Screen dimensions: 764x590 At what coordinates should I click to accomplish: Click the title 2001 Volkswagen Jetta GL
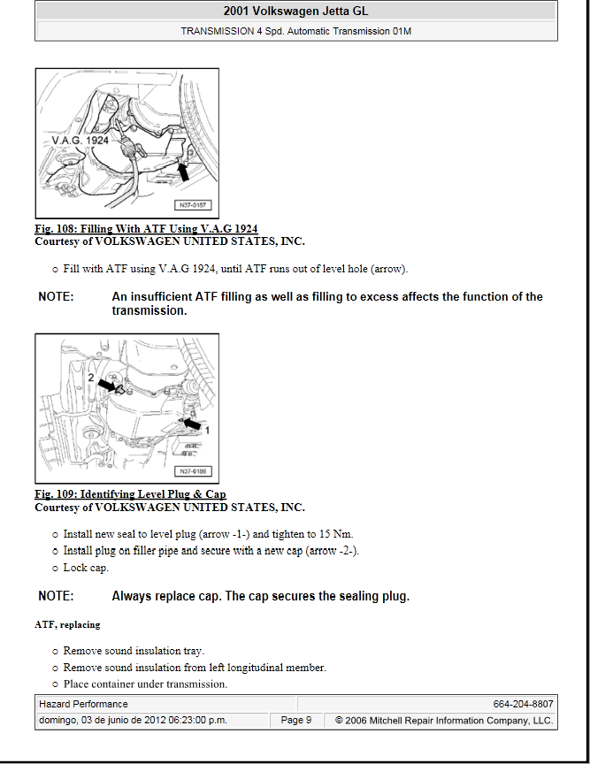(x=295, y=11)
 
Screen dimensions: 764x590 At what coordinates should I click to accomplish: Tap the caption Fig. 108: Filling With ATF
(x=146, y=229)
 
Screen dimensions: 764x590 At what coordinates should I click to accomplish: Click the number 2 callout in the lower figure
(x=91, y=378)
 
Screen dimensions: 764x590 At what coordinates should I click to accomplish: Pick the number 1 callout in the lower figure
(x=209, y=429)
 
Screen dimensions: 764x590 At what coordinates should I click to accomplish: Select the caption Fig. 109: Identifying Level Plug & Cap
(x=130, y=494)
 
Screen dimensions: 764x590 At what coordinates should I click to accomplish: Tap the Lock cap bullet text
(x=86, y=568)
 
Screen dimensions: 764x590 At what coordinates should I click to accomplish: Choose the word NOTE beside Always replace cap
(x=56, y=597)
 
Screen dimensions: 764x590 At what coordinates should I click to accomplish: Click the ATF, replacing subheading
(x=67, y=625)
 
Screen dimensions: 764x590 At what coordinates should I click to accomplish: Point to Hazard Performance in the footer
(x=83, y=704)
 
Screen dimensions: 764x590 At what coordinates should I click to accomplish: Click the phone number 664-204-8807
(x=524, y=704)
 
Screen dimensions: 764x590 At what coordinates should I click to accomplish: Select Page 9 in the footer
(x=296, y=721)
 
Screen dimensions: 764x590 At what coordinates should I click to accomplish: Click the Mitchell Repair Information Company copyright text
(x=444, y=721)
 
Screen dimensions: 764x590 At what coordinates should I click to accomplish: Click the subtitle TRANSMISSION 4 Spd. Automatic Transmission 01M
(x=295, y=30)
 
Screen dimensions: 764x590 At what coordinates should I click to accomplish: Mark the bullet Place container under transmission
(x=145, y=684)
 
